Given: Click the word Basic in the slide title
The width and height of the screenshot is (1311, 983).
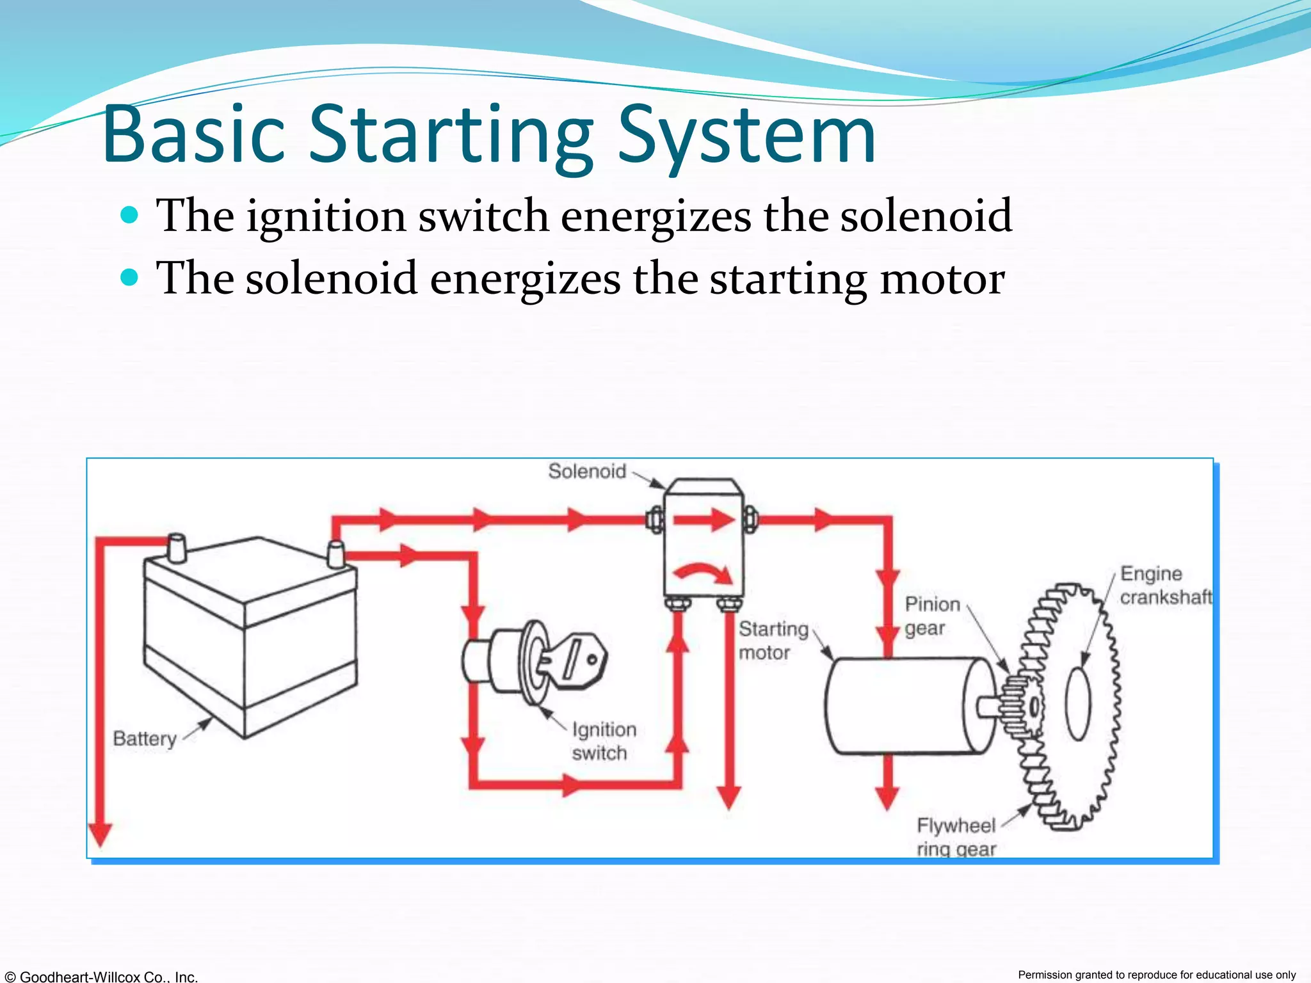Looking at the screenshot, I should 192,136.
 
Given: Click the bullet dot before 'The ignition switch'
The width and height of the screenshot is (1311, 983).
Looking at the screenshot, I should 129,215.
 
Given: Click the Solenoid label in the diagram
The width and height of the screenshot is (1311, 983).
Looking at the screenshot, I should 586,472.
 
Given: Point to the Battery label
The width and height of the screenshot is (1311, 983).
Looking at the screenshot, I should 145,739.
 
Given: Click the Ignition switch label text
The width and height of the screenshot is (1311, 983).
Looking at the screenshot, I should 603,741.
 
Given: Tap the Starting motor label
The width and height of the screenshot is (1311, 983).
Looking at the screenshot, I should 773,641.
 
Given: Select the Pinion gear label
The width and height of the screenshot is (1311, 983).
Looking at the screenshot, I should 931,616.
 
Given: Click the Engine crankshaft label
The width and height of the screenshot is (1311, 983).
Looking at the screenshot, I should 1165,586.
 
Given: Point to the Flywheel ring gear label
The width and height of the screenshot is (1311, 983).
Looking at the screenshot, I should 956,837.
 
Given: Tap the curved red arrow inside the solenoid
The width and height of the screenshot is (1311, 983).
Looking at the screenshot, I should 704,571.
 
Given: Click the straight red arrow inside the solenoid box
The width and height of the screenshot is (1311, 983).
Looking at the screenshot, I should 704,520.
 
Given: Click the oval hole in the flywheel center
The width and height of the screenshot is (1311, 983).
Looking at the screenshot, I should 1078,704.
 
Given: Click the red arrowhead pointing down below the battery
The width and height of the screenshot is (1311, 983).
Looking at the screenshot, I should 100,834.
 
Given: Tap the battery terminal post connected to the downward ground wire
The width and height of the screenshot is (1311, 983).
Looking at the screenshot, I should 176,548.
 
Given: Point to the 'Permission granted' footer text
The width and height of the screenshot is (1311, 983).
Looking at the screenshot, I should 1156,975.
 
